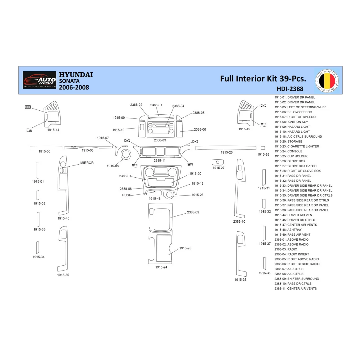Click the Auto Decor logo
tap(40, 80)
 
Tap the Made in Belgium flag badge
tap(327, 81)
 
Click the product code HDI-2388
tap(290, 89)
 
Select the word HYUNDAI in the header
tap(76, 75)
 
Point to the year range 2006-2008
tap(74, 88)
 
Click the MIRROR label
tap(87, 163)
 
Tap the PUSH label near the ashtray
tap(126, 195)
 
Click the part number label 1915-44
tap(53, 130)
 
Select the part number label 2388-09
tap(193, 212)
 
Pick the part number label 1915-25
tap(185, 248)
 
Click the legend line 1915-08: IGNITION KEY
tap(291, 122)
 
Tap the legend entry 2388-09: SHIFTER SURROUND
tap(297, 279)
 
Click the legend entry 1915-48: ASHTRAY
tap(288, 230)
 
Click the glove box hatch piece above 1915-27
tap(217, 162)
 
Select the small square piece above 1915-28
tap(263, 148)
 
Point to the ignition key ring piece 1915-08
tap(126, 154)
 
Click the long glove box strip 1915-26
tap(226, 148)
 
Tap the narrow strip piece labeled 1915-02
tap(38, 195)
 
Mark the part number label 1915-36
tap(240, 280)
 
